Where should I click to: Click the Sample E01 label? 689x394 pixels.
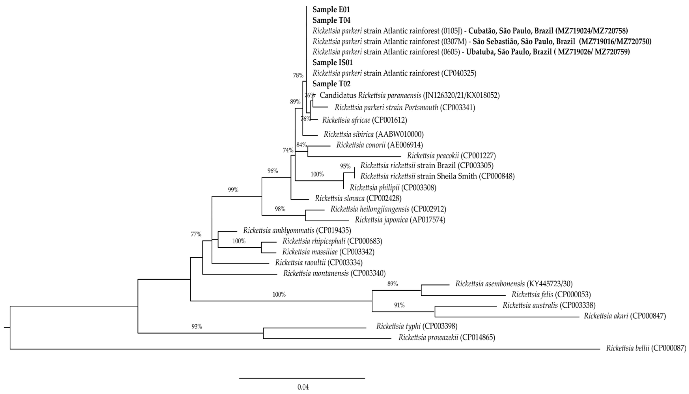tap(331, 10)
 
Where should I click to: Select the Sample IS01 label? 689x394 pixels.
tap(332, 63)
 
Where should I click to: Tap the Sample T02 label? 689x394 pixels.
tap(331, 84)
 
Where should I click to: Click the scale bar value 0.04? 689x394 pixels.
tap(303, 387)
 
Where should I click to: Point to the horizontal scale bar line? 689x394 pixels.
tap(302, 378)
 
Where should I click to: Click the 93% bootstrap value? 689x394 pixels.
tap(197, 327)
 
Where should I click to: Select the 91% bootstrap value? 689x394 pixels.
tap(399, 305)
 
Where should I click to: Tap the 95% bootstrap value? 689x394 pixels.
tap(345, 166)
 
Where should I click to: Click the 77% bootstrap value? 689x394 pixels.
tap(196, 234)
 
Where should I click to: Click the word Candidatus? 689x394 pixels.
tap(338, 95)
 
